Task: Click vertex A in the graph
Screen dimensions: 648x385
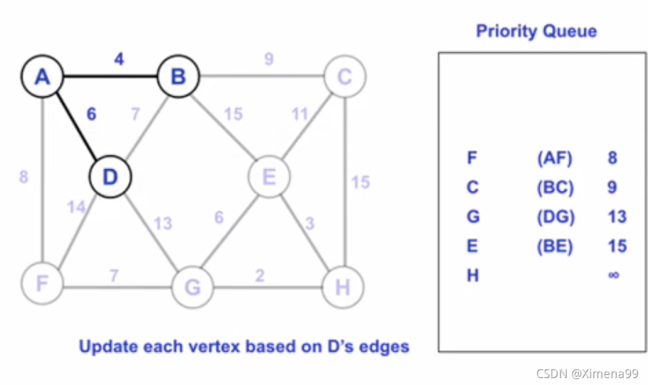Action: (x=42, y=78)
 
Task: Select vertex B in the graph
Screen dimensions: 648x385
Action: (x=178, y=78)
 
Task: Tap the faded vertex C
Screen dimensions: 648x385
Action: (x=345, y=78)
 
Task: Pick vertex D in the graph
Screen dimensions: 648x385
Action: (x=110, y=177)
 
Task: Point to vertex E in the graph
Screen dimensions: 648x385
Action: (x=269, y=177)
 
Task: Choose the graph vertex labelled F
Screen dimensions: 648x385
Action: (x=42, y=284)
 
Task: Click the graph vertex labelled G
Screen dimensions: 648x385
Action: (x=193, y=287)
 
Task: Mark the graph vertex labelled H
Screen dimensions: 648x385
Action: (x=343, y=287)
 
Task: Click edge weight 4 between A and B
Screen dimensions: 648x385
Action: (x=119, y=60)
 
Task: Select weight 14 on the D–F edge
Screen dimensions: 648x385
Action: (x=76, y=207)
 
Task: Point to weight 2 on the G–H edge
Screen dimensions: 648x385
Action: (x=259, y=276)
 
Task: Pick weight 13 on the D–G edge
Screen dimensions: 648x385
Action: (x=163, y=223)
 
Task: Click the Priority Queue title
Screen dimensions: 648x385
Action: (x=536, y=31)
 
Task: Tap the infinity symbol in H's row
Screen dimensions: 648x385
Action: (x=614, y=275)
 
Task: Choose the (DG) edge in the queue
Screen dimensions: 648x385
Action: (x=556, y=217)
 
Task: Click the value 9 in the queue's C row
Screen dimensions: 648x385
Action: (x=612, y=187)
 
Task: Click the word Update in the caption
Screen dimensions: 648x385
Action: (x=106, y=345)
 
